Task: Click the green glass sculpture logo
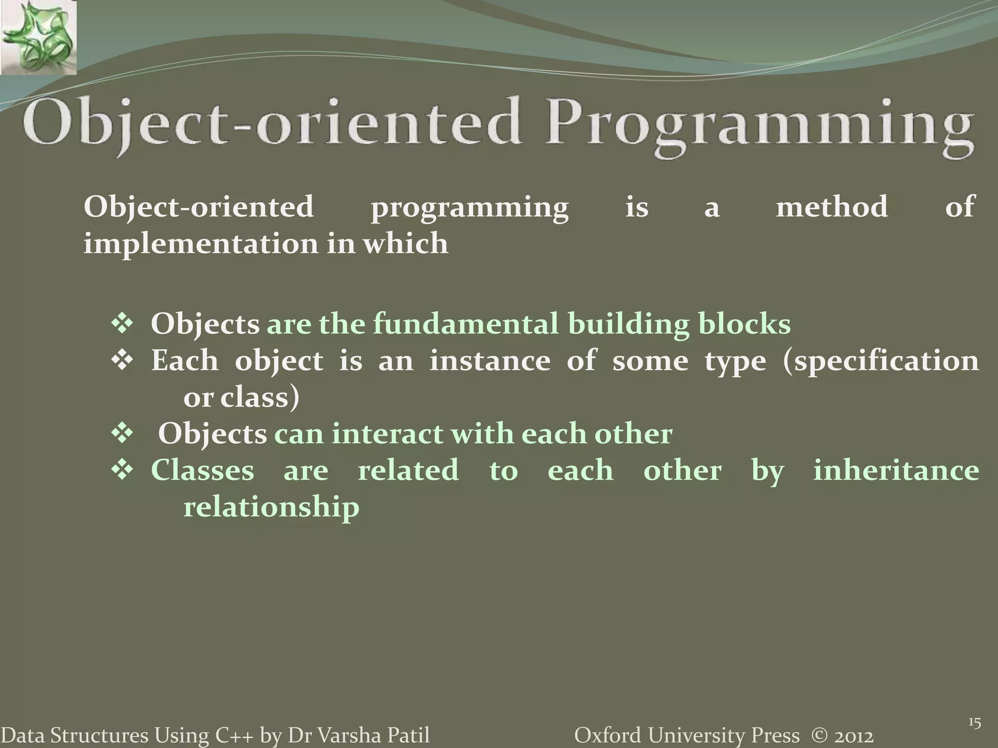click(x=38, y=37)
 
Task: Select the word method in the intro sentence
click(x=831, y=206)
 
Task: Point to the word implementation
click(x=200, y=243)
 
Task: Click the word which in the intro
click(x=405, y=243)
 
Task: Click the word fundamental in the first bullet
click(x=465, y=324)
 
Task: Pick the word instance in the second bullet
click(x=489, y=361)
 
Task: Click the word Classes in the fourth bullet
click(x=202, y=470)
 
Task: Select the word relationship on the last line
click(x=271, y=507)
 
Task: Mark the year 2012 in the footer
click(x=853, y=736)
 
